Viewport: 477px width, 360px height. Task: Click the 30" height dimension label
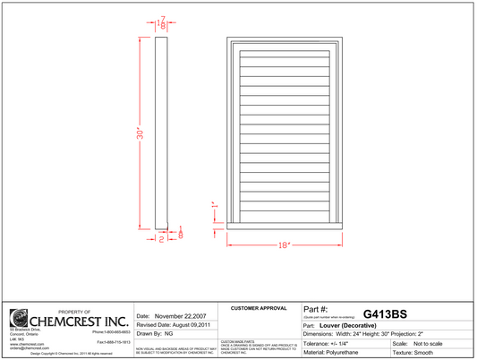[140, 133]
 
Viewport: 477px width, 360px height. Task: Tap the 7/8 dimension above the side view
[162, 24]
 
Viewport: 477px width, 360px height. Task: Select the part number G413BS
[385, 313]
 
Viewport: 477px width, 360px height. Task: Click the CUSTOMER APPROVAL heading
[259, 308]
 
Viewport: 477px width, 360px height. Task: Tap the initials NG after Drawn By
[168, 333]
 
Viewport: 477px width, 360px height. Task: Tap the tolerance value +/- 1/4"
[345, 344]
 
